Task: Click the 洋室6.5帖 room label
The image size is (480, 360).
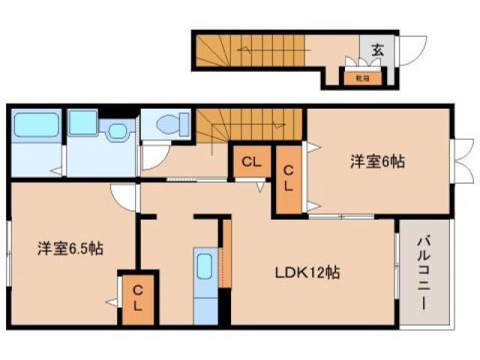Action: click(70, 249)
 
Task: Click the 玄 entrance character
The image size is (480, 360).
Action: click(377, 50)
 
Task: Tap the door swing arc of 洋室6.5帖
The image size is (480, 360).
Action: click(123, 197)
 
